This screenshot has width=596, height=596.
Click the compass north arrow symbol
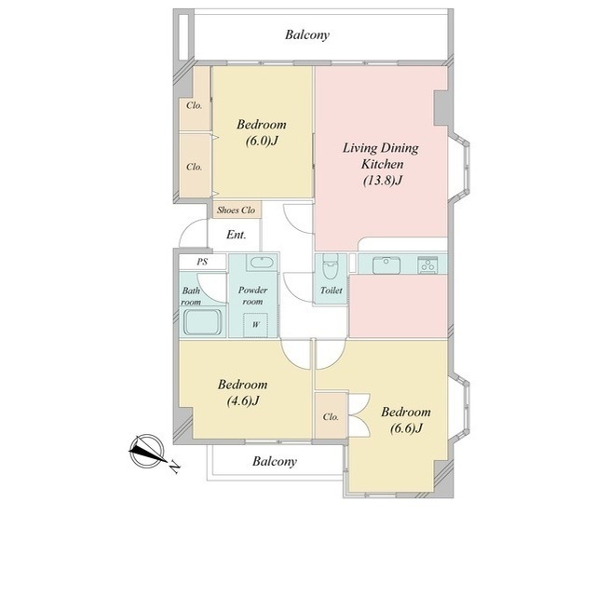(x=147, y=451)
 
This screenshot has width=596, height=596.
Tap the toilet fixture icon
(x=331, y=269)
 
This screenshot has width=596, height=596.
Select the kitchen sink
(x=386, y=264)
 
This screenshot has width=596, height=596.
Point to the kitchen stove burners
(x=427, y=264)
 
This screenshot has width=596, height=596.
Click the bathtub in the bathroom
(x=203, y=321)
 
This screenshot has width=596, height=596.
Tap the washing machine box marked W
(x=256, y=325)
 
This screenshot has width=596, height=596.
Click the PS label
(x=203, y=262)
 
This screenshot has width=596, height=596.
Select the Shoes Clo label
(x=236, y=210)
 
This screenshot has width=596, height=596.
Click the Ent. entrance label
(x=236, y=235)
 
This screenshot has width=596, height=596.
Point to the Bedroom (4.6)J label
(x=242, y=392)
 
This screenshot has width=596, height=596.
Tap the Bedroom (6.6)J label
(x=406, y=420)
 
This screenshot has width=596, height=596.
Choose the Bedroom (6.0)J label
(x=262, y=132)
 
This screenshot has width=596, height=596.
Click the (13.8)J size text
(x=383, y=180)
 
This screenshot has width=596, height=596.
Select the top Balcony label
(x=307, y=35)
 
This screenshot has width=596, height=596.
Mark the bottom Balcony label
(x=275, y=462)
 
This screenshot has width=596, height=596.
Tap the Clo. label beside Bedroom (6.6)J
(x=331, y=417)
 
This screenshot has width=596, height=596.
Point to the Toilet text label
(x=332, y=291)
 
